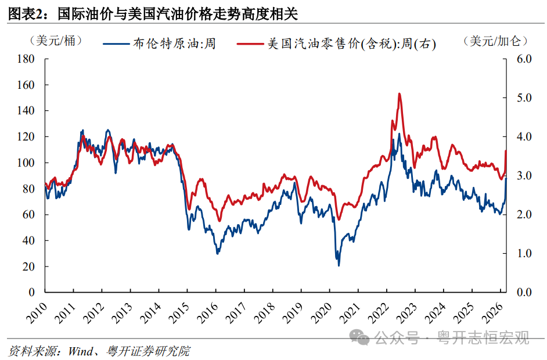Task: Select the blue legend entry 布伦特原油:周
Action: coord(159,44)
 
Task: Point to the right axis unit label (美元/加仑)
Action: coord(496,41)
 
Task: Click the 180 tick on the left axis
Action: coord(27,59)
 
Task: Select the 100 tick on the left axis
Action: coord(27,163)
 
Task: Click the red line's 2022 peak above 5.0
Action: coord(400,93)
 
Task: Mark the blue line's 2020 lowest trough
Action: coord(339,265)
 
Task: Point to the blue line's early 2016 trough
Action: coord(218,253)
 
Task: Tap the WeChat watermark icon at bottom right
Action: coord(362,337)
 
